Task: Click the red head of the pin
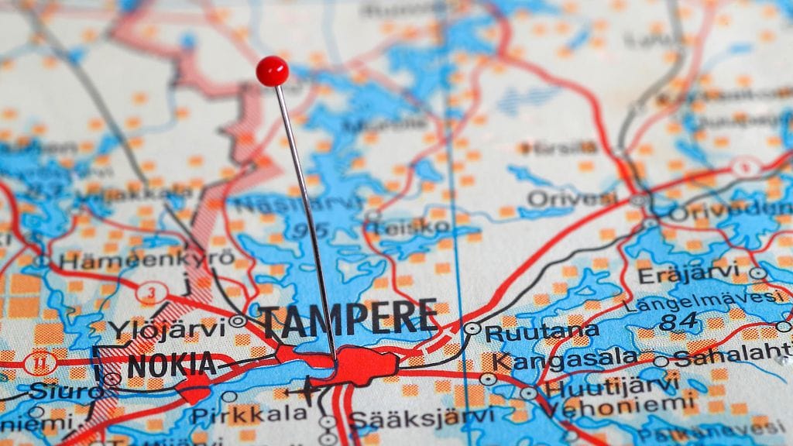coord(272,71)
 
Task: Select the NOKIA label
coord(171,365)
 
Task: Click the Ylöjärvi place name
coord(166,329)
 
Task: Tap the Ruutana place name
coord(542,333)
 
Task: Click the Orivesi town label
coord(572,199)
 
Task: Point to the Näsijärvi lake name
coord(299,205)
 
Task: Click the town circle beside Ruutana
coord(472,328)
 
